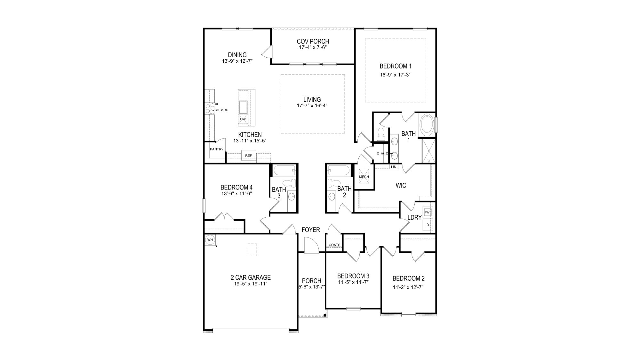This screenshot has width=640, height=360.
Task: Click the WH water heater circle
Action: point(210,240)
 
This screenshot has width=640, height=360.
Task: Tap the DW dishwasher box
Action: point(243,119)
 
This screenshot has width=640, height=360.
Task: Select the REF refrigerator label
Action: point(249,156)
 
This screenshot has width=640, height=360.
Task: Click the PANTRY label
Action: point(217,149)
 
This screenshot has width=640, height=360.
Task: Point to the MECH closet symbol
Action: point(364,177)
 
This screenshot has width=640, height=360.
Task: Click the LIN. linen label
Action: point(394,167)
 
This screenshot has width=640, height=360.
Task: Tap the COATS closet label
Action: point(334,245)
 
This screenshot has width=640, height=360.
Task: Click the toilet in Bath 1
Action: point(381,134)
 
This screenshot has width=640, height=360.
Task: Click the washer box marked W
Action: point(428,212)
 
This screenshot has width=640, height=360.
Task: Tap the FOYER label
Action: point(311,230)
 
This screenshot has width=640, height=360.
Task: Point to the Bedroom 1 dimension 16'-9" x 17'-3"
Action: point(395,75)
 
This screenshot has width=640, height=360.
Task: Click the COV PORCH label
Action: point(313,41)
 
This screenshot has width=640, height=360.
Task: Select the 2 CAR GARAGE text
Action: point(251,278)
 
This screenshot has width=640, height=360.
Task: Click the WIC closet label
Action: point(401,186)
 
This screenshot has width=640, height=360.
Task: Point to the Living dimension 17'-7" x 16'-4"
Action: point(312,106)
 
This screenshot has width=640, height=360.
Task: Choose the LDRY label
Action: point(414,218)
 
